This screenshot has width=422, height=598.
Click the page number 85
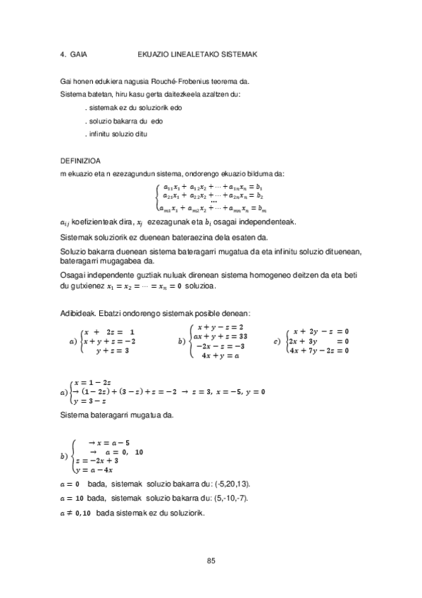(x=211, y=561)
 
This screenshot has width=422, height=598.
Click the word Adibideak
(x=77, y=313)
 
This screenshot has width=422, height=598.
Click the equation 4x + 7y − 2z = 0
(x=318, y=350)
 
